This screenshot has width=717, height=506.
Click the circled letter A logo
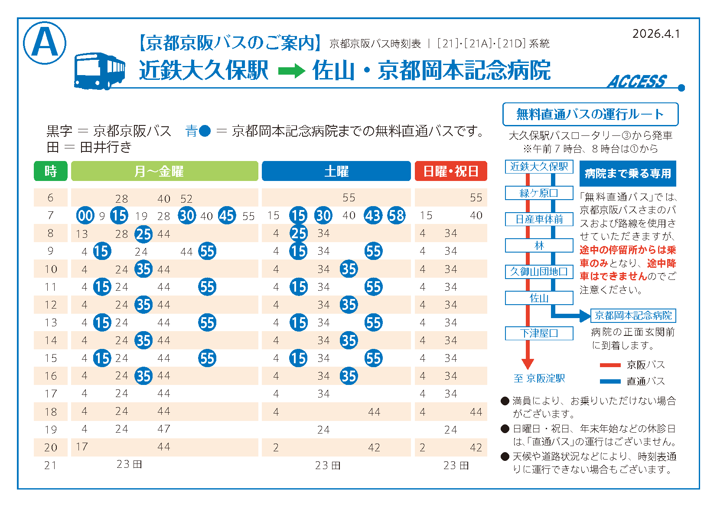(x=44, y=43)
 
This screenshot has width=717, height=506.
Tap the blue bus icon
(x=99, y=71)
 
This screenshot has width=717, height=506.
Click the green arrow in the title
(x=291, y=71)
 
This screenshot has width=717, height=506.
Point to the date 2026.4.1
(x=656, y=34)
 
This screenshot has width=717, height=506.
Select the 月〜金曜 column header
(x=164, y=171)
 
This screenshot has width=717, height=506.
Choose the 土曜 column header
(x=336, y=171)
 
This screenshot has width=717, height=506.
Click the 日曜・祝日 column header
(x=450, y=171)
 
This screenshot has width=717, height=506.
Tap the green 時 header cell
(x=51, y=171)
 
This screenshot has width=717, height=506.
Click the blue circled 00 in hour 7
(x=85, y=215)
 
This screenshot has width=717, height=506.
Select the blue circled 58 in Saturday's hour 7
(x=396, y=215)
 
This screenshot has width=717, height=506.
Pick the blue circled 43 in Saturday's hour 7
(x=373, y=215)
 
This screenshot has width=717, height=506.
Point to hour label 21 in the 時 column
(x=50, y=465)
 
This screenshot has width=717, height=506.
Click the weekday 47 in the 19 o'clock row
(x=163, y=429)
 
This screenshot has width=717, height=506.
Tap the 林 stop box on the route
(x=539, y=246)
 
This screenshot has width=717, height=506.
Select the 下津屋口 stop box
(x=539, y=333)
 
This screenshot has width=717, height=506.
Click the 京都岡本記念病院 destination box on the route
(x=633, y=315)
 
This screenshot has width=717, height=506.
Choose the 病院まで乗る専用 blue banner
(x=627, y=174)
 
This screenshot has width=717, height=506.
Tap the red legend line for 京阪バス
(x=610, y=365)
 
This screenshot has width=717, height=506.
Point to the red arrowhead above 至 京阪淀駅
(x=528, y=363)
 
